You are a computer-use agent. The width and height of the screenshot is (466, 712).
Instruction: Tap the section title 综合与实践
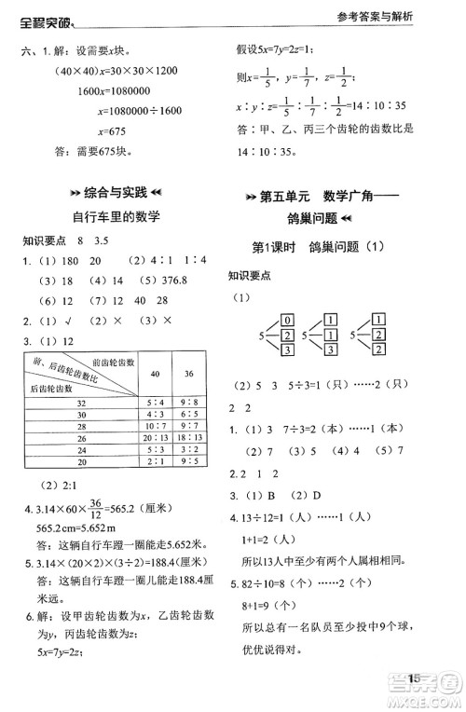(x=116, y=193)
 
